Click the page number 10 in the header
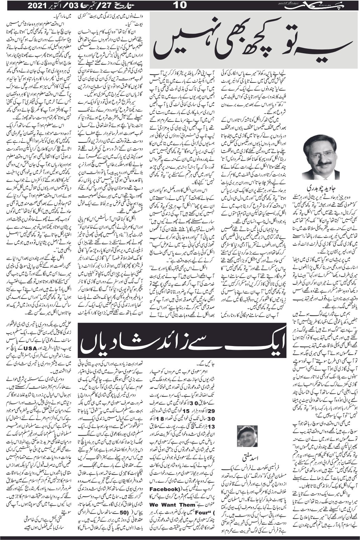coord(180,5)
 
